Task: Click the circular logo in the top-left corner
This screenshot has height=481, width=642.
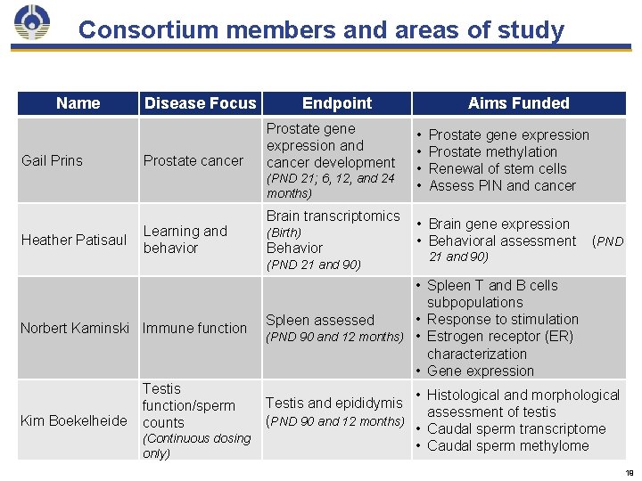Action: [x=33, y=24]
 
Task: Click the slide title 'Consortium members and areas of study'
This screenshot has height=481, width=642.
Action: [x=321, y=30]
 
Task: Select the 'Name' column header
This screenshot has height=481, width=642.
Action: [x=78, y=103]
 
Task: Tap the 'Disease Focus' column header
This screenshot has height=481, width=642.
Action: [x=200, y=103]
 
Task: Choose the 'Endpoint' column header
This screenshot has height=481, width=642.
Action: [x=337, y=103]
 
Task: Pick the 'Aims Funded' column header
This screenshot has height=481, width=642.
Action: [x=518, y=103]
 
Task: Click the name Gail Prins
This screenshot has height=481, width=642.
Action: [x=52, y=160]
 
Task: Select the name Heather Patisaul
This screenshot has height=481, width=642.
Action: [x=74, y=240]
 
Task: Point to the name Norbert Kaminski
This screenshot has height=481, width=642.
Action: [x=75, y=328]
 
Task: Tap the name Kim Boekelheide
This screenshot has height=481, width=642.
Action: [x=74, y=420]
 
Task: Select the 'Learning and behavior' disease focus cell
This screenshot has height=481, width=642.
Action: [x=185, y=240]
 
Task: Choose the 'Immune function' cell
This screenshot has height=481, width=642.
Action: [x=194, y=328]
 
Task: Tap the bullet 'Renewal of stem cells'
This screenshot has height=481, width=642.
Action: [x=498, y=168]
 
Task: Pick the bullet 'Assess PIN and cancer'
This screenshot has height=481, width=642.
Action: [x=502, y=185]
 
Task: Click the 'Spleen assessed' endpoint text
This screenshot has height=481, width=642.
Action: [x=320, y=320]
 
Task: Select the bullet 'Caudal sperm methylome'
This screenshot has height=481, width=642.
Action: [x=507, y=445]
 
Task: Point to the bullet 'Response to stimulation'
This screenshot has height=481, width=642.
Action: [x=503, y=319]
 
